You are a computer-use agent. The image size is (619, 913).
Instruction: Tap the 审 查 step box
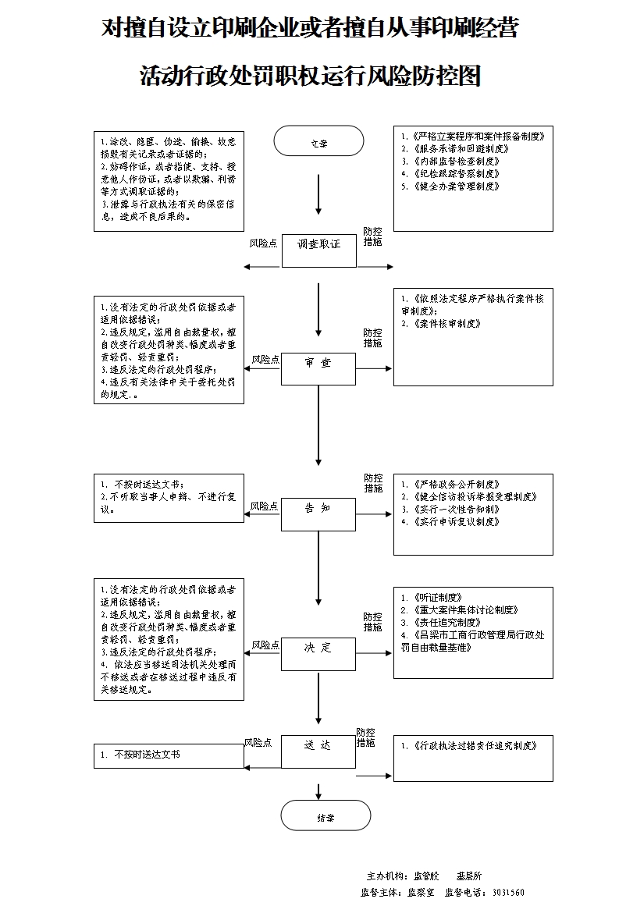pos(318,368)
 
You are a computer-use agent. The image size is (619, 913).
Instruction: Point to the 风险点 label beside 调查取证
pos(263,243)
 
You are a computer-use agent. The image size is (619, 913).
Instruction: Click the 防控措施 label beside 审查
pos(373,338)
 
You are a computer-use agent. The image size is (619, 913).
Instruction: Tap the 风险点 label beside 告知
pos(265,506)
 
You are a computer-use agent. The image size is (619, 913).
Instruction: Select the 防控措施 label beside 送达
pos(365,737)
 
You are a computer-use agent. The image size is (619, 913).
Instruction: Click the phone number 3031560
pos(508,892)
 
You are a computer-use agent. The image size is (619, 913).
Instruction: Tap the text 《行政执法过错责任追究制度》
pos(474,746)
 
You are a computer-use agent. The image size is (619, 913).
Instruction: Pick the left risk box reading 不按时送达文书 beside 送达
pos(169,755)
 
